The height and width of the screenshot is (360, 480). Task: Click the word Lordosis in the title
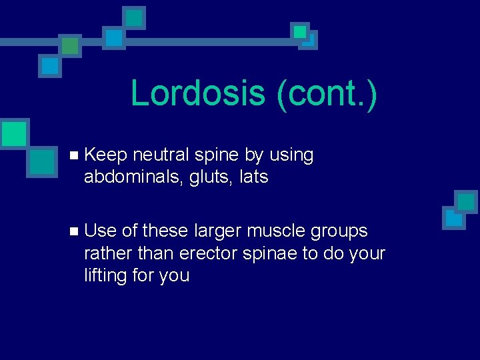(197, 93)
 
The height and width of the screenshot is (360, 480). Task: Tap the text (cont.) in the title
(326, 93)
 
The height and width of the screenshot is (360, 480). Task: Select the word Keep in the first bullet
(106, 155)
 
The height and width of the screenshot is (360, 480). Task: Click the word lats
(254, 177)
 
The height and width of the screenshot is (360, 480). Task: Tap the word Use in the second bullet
(101, 231)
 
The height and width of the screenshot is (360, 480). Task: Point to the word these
(165, 231)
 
